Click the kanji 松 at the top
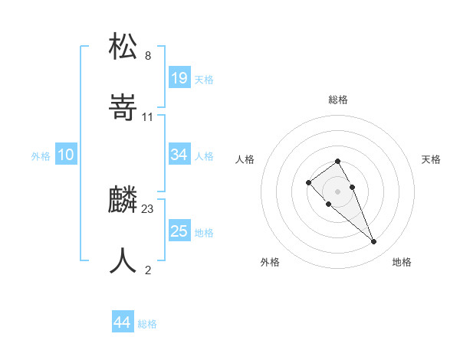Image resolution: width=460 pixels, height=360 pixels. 123,46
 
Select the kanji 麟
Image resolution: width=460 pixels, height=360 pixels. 123,199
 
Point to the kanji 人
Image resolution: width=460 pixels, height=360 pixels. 123,260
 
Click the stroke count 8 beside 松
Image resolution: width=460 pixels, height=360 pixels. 148,55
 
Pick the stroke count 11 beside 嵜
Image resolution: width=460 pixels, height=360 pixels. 148,117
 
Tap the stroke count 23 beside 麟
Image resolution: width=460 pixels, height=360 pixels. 148,208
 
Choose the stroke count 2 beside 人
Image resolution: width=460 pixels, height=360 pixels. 148,270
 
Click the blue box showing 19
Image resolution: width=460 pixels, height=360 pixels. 179,78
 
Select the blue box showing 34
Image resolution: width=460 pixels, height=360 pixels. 179,155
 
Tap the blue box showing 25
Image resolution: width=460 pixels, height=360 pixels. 179,231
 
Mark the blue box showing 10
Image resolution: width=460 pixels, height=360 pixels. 66,155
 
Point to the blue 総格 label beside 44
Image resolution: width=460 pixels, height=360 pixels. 147,324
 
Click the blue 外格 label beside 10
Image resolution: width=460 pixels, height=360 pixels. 41,155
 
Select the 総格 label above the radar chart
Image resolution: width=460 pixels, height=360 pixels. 338,100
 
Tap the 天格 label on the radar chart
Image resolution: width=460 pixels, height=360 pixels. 432,159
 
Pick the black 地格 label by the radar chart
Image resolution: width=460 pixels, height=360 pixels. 402,262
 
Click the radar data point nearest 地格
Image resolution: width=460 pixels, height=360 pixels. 373,242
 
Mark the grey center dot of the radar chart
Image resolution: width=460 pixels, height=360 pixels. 338,191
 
